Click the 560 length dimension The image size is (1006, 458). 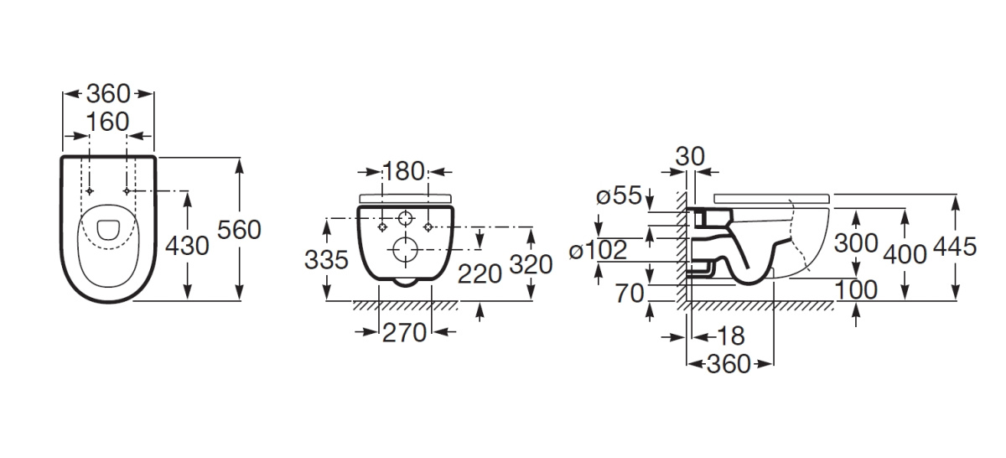239,230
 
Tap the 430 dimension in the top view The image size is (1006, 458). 187,247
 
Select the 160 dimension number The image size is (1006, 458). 107,122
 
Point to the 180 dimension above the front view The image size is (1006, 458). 403,171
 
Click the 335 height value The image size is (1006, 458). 326,260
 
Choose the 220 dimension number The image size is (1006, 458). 480,273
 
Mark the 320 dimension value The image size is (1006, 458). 531,264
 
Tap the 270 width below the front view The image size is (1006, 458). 404,333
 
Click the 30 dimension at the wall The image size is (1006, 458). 690,156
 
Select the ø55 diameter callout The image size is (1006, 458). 619,195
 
